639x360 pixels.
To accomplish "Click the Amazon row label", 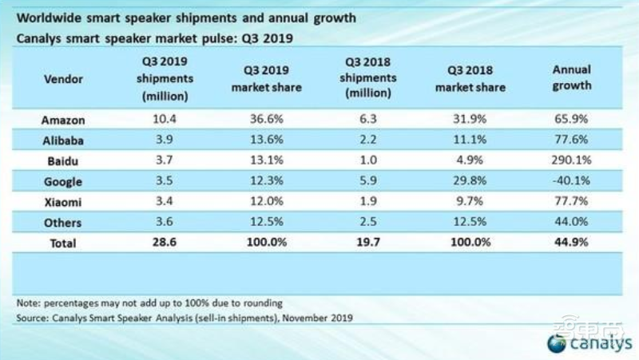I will [x=62, y=120].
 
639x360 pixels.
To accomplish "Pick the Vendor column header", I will [x=62, y=79].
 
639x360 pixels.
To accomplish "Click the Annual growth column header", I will [x=571, y=78].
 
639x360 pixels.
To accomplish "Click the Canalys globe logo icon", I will [x=557, y=343].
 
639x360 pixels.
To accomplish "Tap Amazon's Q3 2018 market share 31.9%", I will [x=470, y=120].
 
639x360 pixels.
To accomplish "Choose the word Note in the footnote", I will [x=28, y=303].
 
